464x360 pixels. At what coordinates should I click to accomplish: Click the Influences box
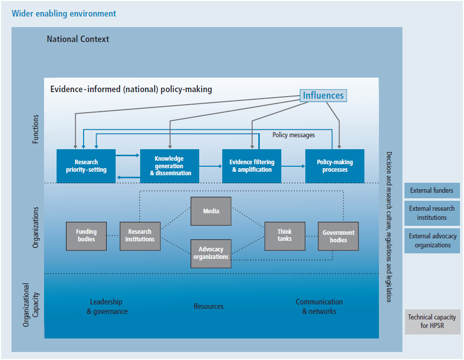(x=323, y=95)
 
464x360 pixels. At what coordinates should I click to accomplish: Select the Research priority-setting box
(x=86, y=166)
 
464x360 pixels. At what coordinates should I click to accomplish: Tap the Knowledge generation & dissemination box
(x=170, y=166)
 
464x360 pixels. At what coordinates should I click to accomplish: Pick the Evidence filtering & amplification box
(x=252, y=166)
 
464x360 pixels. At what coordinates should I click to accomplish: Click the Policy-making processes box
(x=335, y=166)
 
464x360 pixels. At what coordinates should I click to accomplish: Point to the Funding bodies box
(x=87, y=236)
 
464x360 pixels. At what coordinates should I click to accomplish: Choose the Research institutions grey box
(x=140, y=236)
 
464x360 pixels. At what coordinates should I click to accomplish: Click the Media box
(x=211, y=211)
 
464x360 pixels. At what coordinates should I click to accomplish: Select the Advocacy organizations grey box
(x=211, y=253)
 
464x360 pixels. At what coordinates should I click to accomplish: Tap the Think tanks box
(x=284, y=236)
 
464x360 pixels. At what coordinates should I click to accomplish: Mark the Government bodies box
(x=338, y=236)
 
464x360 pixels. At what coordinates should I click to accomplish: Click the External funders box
(x=431, y=190)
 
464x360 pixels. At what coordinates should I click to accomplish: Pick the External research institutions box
(x=431, y=213)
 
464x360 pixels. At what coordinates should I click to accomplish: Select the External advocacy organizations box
(x=431, y=240)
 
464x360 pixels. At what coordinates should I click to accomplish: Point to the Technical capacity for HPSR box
(x=431, y=321)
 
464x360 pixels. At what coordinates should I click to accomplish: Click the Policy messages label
(x=293, y=135)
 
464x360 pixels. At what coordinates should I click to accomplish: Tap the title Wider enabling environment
(x=64, y=14)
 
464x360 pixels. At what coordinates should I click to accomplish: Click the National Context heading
(x=78, y=39)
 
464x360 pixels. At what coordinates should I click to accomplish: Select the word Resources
(x=209, y=306)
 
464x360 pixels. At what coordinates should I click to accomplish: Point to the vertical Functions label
(x=36, y=129)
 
